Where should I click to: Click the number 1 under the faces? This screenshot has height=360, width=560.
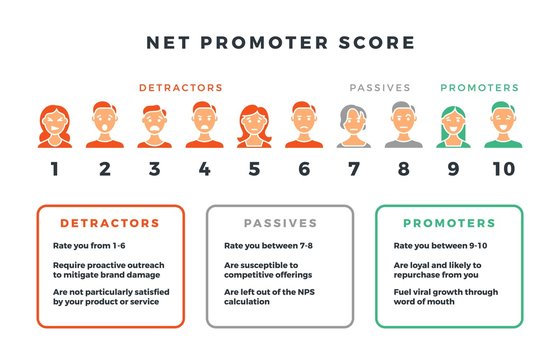[54, 169]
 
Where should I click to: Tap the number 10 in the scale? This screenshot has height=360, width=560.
[503, 169]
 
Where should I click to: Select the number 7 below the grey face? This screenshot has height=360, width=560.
[353, 169]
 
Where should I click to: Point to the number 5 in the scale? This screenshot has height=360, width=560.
[254, 169]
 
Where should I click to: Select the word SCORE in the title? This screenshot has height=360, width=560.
[376, 44]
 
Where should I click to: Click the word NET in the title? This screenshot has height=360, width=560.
[166, 44]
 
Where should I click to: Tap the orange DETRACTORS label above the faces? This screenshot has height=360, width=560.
[180, 88]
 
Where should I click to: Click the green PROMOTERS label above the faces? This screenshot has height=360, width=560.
[479, 88]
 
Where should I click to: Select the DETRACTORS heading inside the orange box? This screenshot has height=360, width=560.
[110, 223]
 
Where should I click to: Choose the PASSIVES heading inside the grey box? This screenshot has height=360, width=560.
[279, 223]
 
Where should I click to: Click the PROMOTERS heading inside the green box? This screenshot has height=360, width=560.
[448, 223]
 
